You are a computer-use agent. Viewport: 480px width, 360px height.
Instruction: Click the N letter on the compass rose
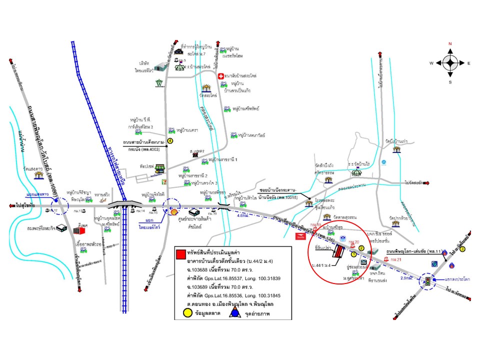(x=450, y=44)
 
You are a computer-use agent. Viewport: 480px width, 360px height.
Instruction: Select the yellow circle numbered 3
(x=463, y=249)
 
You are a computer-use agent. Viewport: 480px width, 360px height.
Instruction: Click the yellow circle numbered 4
(x=170, y=141)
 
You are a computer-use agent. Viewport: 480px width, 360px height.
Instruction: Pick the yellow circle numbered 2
(x=361, y=248)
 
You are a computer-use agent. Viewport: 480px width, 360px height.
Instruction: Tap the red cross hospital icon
(x=221, y=75)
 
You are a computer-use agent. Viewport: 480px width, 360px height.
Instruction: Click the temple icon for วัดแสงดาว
(x=39, y=176)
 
